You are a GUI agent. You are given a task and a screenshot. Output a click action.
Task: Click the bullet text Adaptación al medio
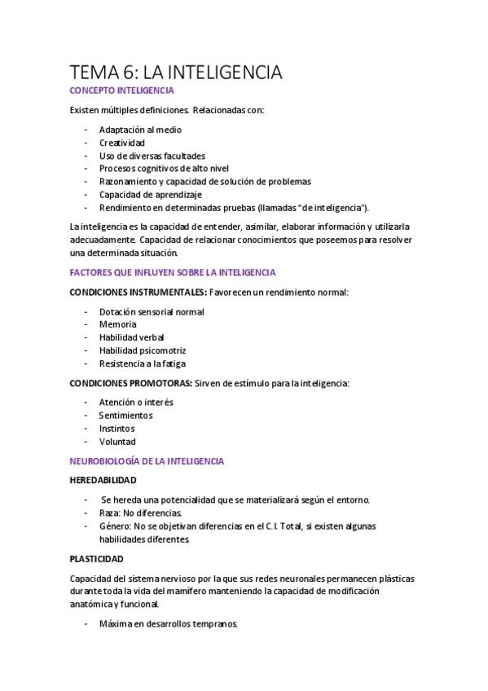tap(140, 130)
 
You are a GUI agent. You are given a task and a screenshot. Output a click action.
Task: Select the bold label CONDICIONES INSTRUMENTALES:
tap(138, 292)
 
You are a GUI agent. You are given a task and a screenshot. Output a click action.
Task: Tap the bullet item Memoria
tap(117, 324)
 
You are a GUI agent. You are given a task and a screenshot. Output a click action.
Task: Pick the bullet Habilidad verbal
tap(131, 337)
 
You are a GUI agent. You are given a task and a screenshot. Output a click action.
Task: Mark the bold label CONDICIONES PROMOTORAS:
tap(131, 383)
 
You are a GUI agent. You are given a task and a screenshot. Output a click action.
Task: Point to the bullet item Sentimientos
tap(125, 415)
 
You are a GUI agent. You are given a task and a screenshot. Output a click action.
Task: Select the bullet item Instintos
tap(117, 428)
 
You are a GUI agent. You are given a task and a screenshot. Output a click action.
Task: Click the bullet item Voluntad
tap(117, 441)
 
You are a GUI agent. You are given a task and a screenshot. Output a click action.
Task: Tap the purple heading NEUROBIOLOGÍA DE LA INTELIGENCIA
tap(147, 460)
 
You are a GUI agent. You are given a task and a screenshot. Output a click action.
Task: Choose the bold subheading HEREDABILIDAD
tap(103, 480)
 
